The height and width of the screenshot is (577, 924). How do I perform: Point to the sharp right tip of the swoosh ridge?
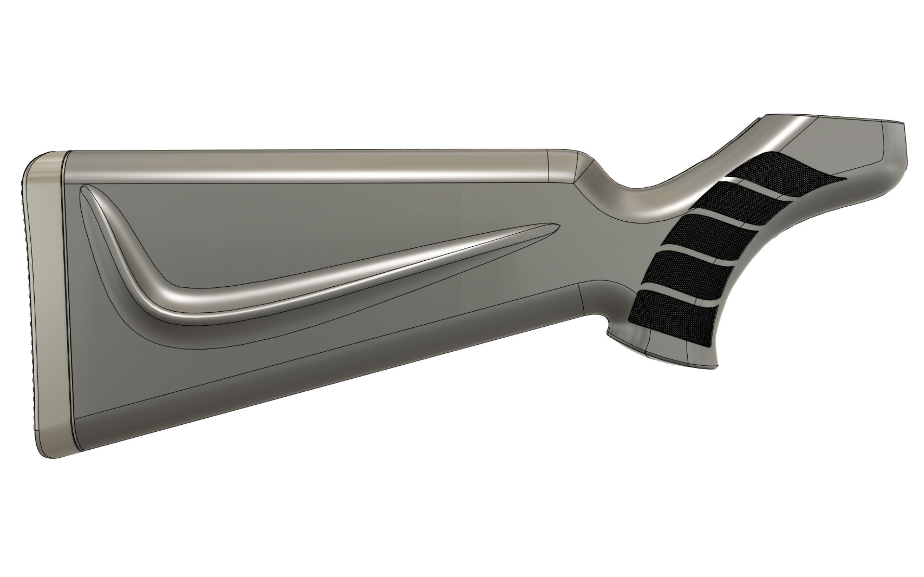coord(558,226)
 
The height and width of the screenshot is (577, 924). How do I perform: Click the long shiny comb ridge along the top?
coord(305,166)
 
